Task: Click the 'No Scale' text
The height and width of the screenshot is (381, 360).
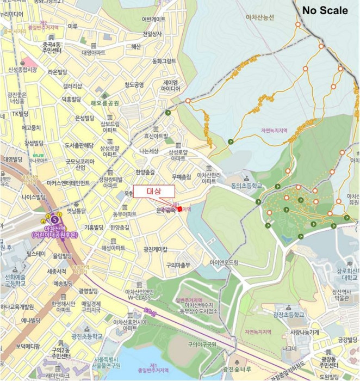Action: click(325, 10)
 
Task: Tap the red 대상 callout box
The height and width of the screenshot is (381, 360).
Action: click(154, 191)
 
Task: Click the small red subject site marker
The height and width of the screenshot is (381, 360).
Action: click(179, 209)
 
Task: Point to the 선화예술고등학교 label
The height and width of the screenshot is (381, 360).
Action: click(15, 279)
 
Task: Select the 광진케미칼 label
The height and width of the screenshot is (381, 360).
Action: click(156, 249)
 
